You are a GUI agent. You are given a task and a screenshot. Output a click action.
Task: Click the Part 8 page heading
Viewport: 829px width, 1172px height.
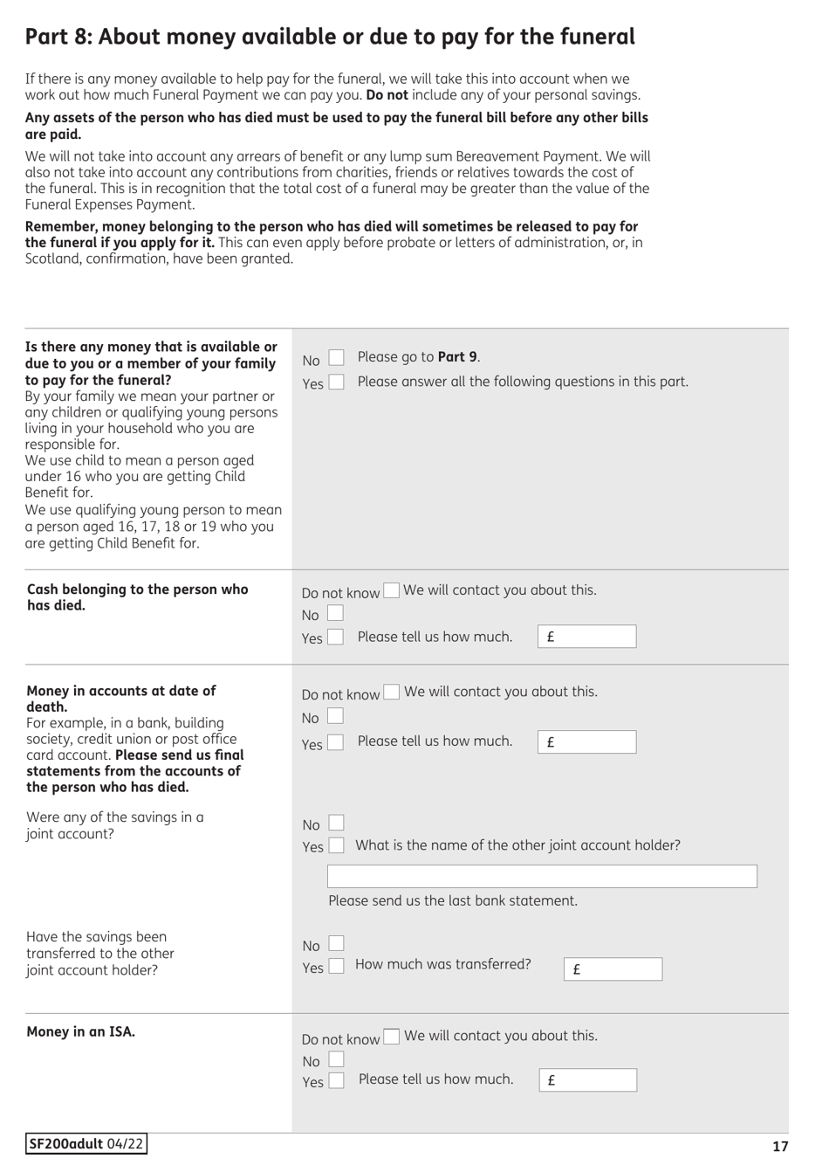tap(330, 37)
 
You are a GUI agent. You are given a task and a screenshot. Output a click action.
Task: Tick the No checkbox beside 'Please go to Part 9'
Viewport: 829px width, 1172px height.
tap(336, 358)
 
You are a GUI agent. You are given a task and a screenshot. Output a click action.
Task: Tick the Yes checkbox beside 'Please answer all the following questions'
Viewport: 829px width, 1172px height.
tap(336, 383)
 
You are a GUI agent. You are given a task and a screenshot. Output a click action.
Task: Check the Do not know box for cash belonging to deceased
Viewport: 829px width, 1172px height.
tap(392, 591)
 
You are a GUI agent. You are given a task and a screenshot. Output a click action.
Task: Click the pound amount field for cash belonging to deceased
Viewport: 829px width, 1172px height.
tap(586, 637)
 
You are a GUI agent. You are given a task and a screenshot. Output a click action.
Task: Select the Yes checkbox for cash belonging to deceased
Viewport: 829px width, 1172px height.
tap(335, 638)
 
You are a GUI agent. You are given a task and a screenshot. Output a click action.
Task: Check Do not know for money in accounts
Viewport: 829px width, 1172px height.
tap(392, 693)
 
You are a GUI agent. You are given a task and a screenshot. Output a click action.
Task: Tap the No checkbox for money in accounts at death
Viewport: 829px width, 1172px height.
tap(335, 717)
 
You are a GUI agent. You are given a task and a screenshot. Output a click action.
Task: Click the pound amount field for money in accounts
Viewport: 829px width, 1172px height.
tap(586, 742)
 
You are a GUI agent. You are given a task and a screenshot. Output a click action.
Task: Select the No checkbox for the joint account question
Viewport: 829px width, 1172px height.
tap(336, 824)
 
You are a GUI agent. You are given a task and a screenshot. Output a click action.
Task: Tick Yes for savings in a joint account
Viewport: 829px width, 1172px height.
tap(335, 846)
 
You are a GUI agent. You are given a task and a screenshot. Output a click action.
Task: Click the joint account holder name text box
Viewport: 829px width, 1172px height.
tap(542, 877)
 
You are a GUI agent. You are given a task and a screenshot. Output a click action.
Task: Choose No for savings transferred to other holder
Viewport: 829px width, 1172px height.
tap(336, 944)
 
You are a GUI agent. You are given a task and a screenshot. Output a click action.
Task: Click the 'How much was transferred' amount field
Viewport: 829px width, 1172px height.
tap(613, 969)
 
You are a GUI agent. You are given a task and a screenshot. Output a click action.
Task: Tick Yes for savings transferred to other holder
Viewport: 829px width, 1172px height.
tap(335, 967)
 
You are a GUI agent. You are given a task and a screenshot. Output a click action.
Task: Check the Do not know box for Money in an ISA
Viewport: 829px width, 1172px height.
tap(392, 1037)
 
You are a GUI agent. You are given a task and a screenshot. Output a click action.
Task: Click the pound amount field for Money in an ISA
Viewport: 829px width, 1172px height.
tap(587, 1080)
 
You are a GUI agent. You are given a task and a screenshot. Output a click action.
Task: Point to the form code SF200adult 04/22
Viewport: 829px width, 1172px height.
tap(86, 1144)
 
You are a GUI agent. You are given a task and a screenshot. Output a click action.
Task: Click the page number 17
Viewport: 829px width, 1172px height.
tap(779, 1147)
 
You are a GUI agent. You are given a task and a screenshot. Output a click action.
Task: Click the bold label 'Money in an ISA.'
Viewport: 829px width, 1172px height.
tap(81, 1032)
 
